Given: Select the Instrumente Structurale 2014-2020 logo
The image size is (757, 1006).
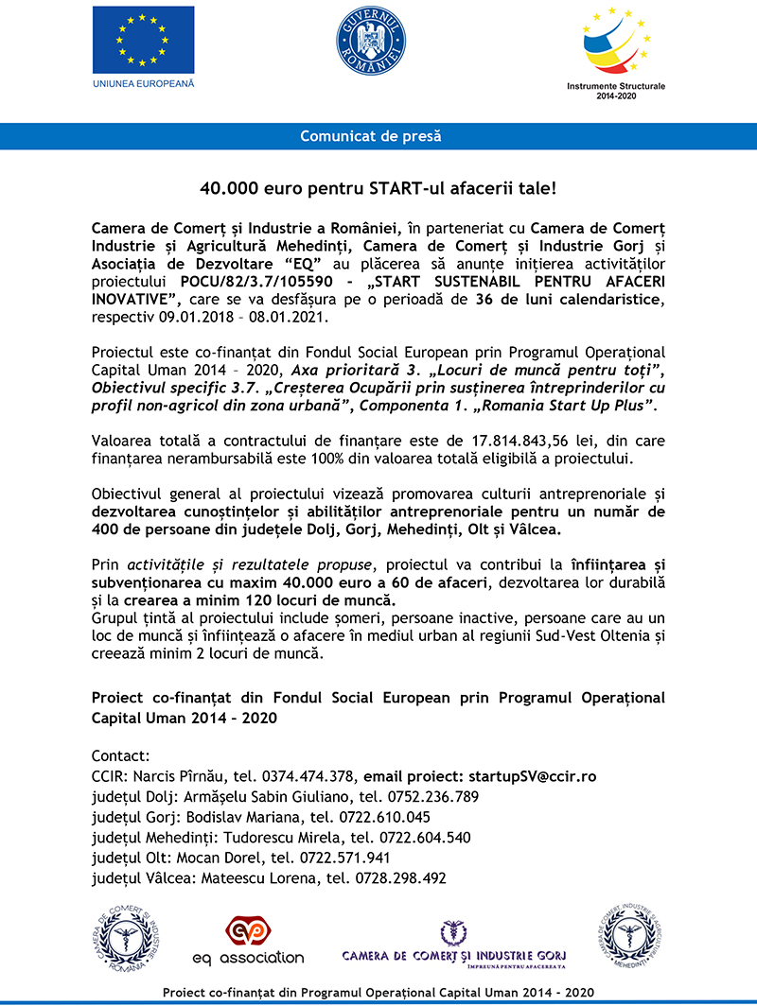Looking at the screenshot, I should [615, 47].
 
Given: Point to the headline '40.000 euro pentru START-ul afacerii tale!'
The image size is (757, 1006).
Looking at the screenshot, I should [378, 188].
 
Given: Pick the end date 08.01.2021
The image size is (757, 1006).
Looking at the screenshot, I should [268, 318].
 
